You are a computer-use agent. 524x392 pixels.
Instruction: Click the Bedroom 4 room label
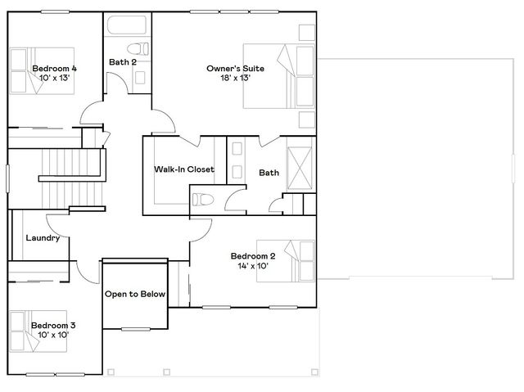(x=55, y=69)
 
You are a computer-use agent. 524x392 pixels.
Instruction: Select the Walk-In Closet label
(x=184, y=170)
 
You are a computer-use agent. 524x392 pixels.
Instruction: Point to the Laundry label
(x=41, y=239)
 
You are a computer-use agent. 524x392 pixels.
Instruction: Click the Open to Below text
(x=135, y=294)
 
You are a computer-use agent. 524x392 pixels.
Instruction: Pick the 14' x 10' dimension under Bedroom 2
(x=252, y=266)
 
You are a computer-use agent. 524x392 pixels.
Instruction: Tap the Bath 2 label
(x=123, y=61)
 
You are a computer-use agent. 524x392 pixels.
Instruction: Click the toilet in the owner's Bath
(x=202, y=198)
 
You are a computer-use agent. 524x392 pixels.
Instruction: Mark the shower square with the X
(x=300, y=167)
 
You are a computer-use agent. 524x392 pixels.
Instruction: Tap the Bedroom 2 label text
(x=252, y=256)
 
